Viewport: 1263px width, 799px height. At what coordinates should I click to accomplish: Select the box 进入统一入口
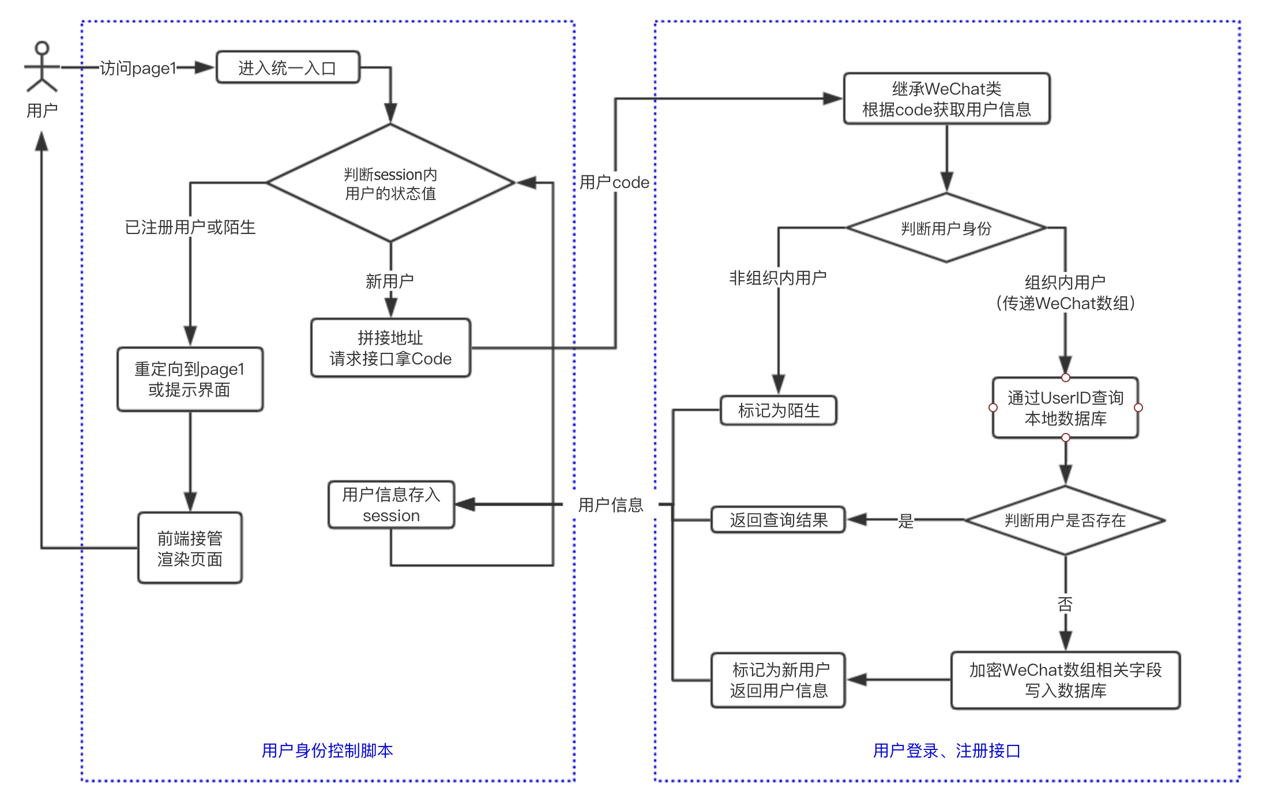tap(287, 68)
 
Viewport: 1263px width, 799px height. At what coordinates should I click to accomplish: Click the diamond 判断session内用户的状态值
tap(390, 183)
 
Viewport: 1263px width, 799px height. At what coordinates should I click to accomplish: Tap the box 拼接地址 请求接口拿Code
tap(390, 348)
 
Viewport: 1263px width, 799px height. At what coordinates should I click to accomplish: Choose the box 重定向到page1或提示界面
tap(190, 379)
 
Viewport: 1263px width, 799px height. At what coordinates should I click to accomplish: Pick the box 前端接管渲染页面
tap(190, 548)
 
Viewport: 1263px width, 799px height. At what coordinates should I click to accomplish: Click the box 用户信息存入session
tap(391, 505)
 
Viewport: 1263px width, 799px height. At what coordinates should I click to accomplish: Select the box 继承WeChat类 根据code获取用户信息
tap(946, 99)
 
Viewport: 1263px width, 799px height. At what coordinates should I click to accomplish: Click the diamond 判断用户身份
tap(946, 228)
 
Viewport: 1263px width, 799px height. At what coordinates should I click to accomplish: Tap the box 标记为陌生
tap(778, 410)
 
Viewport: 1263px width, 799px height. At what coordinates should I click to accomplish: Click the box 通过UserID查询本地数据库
tap(1065, 408)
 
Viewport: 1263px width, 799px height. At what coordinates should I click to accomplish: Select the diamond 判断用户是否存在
tap(1065, 521)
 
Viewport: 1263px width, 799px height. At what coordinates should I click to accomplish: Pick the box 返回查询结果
tap(778, 520)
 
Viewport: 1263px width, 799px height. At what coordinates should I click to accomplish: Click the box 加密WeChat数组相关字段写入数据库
tap(1065, 680)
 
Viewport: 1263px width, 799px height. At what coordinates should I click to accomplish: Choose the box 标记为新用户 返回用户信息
tap(778, 680)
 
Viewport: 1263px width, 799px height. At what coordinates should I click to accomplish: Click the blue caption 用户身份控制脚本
tap(327, 751)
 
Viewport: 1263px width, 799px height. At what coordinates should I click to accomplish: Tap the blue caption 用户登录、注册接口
tap(946, 751)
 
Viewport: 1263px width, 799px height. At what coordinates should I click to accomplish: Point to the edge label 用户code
tap(614, 183)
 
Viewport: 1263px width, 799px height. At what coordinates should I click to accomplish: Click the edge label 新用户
tap(390, 281)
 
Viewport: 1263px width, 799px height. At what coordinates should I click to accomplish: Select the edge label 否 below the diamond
tap(1065, 604)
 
